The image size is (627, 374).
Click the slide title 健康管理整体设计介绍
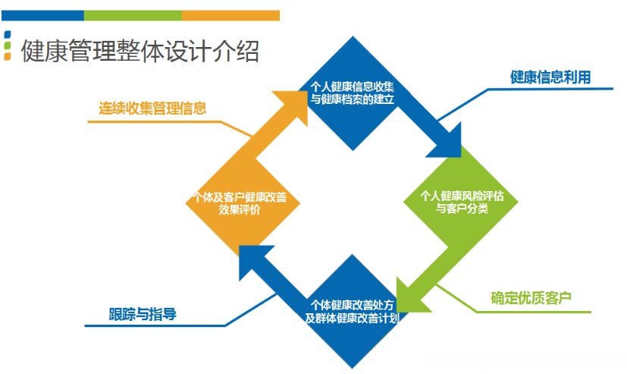(141, 52)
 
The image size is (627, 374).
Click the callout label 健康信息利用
(550, 77)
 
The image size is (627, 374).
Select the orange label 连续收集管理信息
(152, 108)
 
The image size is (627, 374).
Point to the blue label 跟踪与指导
(143, 313)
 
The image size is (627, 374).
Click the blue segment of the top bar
(42, 15)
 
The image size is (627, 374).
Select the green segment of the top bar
(133, 15)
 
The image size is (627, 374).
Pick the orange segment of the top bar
(230, 15)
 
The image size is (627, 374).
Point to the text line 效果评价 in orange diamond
(240, 211)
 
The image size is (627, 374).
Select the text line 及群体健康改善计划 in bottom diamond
(352, 319)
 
